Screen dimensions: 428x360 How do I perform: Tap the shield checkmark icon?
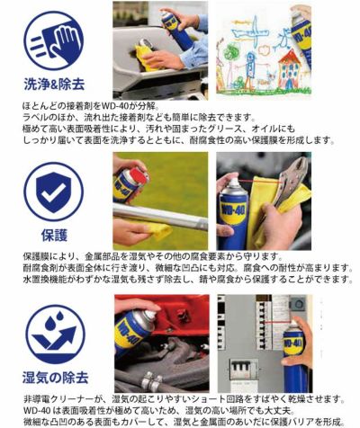53,189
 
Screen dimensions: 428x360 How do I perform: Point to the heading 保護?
53,235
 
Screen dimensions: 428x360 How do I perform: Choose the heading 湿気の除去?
53,379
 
